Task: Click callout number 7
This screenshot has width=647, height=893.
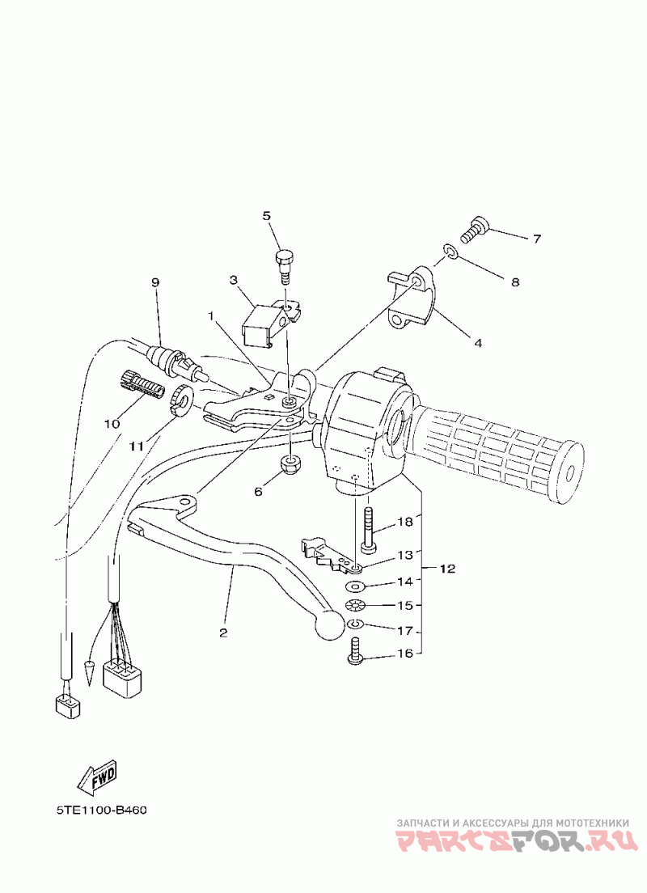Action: pyautogui.click(x=535, y=239)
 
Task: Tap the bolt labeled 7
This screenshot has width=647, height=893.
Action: pyautogui.click(x=474, y=229)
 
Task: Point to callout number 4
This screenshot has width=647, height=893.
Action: pyautogui.click(x=478, y=342)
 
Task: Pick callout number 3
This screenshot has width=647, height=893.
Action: pyautogui.click(x=233, y=281)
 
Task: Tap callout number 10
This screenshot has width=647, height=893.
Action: pyautogui.click(x=111, y=423)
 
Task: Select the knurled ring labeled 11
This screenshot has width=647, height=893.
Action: pyautogui.click(x=181, y=400)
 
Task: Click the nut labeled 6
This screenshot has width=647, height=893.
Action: pyautogui.click(x=290, y=465)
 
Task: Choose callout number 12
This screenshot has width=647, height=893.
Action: pyautogui.click(x=447, y=569)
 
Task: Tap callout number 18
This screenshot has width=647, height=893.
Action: pyautogui.click(x=405, y=523)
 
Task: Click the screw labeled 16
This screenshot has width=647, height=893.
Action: pyautogui.click(x=355, y=652)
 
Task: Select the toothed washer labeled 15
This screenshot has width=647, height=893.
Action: pyautogui.click(x=354, y=604)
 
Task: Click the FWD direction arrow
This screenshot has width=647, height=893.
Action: pyautogui.click(x=96, y=777)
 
